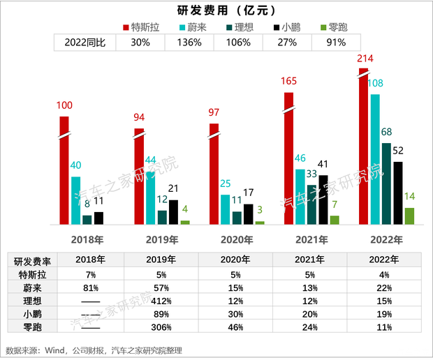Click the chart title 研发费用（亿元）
click(216, 10)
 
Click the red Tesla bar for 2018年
click(64, 171)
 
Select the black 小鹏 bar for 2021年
click(323, 200)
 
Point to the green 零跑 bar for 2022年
click(409, 216)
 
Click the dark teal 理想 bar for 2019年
click(162, 217)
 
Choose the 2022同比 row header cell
click(85, 43)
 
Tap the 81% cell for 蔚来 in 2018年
click(90, 287)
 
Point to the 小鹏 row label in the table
click(33, 313)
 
